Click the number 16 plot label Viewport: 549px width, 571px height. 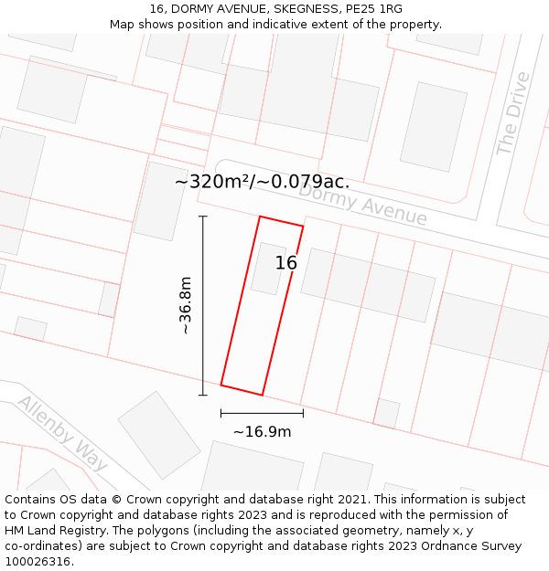coord(286,263)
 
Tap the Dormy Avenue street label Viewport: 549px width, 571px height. coord(362,204)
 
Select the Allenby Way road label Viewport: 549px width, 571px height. coord(62,432)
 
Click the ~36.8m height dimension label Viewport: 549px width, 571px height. coord(185,305)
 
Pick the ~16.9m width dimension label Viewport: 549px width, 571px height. coord(262,431)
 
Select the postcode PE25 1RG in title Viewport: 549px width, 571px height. coord(377,8)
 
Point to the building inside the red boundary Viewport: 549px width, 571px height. coord(269,269)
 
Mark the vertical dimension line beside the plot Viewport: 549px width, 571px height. coord(203,305)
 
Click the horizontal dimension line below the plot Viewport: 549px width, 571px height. coord(262,414)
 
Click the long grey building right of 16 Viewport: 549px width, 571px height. coord(368,284)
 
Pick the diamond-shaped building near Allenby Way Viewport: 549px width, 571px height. coord(159,435)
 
